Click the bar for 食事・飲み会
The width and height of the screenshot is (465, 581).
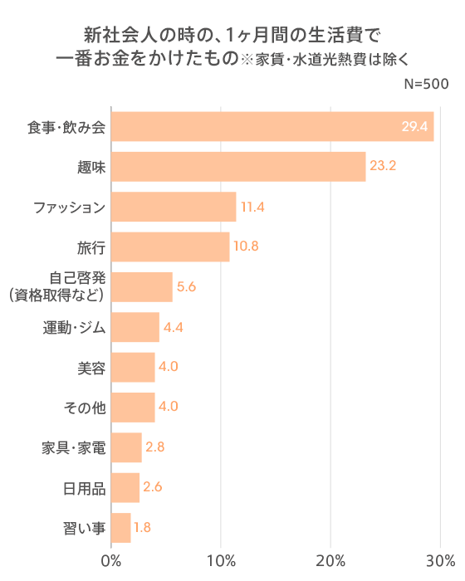pyautogui.click(x=272, y=126)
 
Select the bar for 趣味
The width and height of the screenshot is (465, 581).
pyautogui.click(x=238, y=167)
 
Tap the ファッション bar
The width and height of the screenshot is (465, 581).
pyautogui.click(x=174, y=207)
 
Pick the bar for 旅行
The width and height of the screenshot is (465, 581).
pyautogui.click(x=170, y=247)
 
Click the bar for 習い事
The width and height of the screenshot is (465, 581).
pyautogui.click(x=121, y=527)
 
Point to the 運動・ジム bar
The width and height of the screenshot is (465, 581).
pyautogui.click(x=135, y=327)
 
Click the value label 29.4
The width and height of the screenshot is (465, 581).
pyautogui.click(x=414, y=127)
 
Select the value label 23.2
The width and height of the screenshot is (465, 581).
pyautogui.click(x=383, y=167)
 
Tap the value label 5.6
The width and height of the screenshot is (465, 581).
pyautogui.click(x=186, y=287)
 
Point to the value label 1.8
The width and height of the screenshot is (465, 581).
pyautogui.click(x=142, y=527)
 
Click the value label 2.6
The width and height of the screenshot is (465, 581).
pyautogui.click(x=152, y=487)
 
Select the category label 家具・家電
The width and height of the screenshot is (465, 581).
pyautogui.click(x=73, y=447)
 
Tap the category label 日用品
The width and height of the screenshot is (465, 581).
pyautogui.click(x=85, y=487)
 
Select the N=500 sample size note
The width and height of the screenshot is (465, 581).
pyautogui.click(x=425, y=84)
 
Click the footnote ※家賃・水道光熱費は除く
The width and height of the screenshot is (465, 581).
pyautogui.click(x=330, y=59)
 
